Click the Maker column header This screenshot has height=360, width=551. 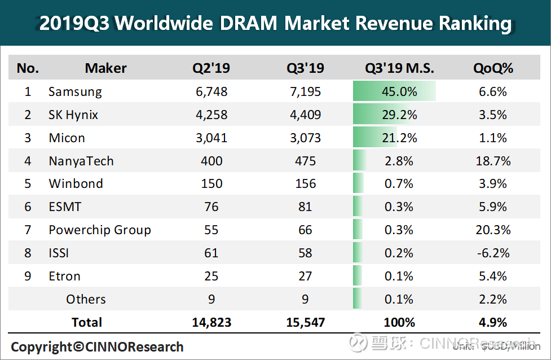tap(105, 68)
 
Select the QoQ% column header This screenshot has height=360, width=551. tap(493, 68)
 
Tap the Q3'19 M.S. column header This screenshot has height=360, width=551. tap(399, 68)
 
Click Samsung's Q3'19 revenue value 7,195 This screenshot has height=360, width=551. tap(305, 91)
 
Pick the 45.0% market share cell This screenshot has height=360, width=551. tap(400, 91)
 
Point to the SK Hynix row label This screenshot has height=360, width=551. tap(73, 115)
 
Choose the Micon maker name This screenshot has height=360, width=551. tap(67, 138)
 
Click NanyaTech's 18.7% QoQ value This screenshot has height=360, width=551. tap(493, 161)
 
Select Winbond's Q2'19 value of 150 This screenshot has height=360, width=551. tap(211, 184)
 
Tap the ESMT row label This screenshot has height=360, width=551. tap(65, 207)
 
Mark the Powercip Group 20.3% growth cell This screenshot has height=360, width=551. tap(493, 230)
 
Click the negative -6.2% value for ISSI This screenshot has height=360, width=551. tap(493, 253)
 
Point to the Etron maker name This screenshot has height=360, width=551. tap(64, 276)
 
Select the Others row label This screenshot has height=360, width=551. tap(86, 299)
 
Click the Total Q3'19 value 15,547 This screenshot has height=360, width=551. tap(305, 322)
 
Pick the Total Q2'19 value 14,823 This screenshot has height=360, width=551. tap(211, 322)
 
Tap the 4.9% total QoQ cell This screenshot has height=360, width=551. tap(493, 322)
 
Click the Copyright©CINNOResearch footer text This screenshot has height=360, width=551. tap(98, 346)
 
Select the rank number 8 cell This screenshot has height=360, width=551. tap(28, 253)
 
